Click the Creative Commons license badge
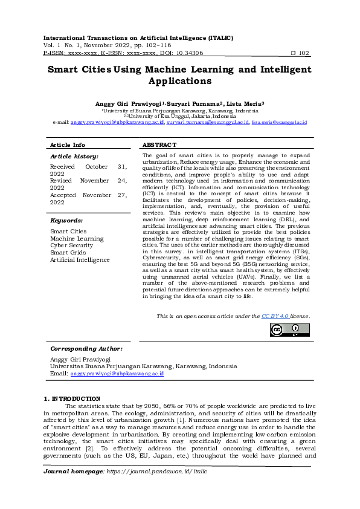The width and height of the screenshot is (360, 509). pyautogui.click(x=289, y=329)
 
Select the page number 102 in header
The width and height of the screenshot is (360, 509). pyautogui.click(x=304, y=53)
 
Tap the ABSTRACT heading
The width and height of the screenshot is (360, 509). pyautogui.click(x=159, y=145)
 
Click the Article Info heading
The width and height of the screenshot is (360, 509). pyautogui.click(x=67, y=145)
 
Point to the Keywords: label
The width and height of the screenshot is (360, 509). pyautogui.click(x=66, y=221)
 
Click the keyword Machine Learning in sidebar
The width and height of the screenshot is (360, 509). pyautogui.click(x=77, y=239)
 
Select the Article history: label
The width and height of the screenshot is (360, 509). pyautogui.click(x=74, y=157)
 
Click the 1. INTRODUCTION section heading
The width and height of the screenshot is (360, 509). pyautogui.click(x=72, y=399)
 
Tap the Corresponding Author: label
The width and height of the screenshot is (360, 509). pyautogui.click(x=86, y=349)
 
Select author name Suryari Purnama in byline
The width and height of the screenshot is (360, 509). pyautogui.click(x=196, y=104)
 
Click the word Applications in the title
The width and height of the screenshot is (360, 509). pyautogui.click(x=179, y=80)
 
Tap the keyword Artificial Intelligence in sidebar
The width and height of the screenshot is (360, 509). pyautogui.click(x=80, y=260)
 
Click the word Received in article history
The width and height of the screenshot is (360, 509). pyautogui.click(x=62, y=166)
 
